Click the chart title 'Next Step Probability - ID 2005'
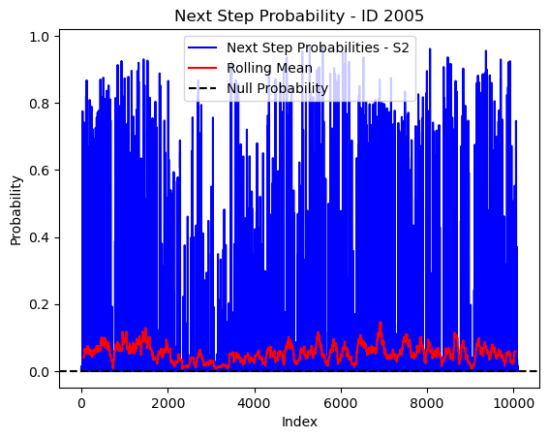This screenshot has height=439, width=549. (299, 16)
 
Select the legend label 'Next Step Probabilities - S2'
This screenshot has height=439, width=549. (318, 47)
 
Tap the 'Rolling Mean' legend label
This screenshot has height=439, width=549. (269, 68)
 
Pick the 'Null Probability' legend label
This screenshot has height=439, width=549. (277, 88)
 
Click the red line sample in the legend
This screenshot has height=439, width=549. (202, 68)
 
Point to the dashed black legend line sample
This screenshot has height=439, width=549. (202, 88)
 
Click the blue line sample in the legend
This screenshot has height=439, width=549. (202, 47)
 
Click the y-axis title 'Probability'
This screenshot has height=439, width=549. (16, 210)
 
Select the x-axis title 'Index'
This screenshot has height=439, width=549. (299, 422)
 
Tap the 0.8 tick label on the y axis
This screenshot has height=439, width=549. (39, 104)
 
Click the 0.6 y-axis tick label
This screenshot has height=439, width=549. (39, 171)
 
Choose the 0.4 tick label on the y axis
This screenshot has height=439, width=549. (39, 237)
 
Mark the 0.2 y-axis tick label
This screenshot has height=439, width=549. (39, 305)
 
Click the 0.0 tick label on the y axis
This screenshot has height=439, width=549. (39, 372)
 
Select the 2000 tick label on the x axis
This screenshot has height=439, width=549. (168, 403)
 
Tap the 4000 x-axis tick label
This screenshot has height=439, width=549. (255, 403)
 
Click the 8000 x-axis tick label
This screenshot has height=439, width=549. (428, 403)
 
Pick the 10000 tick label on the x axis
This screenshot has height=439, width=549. (513, 403)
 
